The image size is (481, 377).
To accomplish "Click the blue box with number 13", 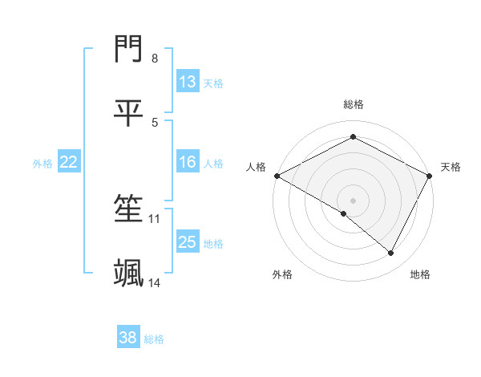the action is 188,82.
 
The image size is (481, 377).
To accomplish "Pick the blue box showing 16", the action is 188,162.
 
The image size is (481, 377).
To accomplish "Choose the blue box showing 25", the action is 188,242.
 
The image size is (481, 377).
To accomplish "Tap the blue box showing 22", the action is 69,162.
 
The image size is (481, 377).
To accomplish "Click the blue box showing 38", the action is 128,338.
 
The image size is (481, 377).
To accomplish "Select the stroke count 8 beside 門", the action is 155,59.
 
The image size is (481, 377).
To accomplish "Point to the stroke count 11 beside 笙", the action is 155,218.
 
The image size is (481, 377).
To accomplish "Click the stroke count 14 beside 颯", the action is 155,282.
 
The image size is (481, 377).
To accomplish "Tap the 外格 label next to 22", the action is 42,163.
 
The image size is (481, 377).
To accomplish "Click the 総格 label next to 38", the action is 154,339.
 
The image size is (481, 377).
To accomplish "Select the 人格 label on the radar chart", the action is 256,167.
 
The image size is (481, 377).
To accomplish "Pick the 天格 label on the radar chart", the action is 451,167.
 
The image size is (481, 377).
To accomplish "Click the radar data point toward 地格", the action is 391,253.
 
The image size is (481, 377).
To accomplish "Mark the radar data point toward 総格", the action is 353,137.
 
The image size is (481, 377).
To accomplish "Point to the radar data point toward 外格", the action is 344,213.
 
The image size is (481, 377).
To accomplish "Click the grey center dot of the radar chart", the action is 353,200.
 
